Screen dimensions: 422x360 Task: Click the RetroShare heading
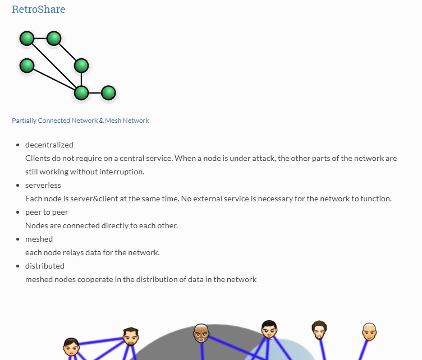[x=39, y=9]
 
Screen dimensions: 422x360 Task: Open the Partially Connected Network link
[x=54, y=121]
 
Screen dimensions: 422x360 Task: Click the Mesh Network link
[x=127, y=121]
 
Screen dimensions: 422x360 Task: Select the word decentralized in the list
[x=49, y=145]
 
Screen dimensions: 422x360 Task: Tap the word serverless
[x=43, y=185]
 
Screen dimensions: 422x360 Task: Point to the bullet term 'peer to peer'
[x=47, y=213]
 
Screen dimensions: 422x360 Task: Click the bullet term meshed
[x=39, y=239]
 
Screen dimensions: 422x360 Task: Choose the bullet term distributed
[x=45, y=266]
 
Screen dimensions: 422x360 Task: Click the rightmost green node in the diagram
[x=108, y=93]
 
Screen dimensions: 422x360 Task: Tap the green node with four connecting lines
[x=81, y=93]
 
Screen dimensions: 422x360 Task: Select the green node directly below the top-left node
[x=27, y=66]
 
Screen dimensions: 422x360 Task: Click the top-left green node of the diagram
[x=27, y=38]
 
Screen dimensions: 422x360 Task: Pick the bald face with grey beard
[x=201, y=333]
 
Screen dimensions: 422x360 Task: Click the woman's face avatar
[x=71, y=347]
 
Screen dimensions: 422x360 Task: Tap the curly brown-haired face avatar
[x=319, y=330]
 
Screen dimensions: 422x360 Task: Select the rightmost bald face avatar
[x=369, y=332]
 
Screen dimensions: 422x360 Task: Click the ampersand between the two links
[x=101, y=121]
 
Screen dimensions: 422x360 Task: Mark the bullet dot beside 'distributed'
[x=18, y=266]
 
